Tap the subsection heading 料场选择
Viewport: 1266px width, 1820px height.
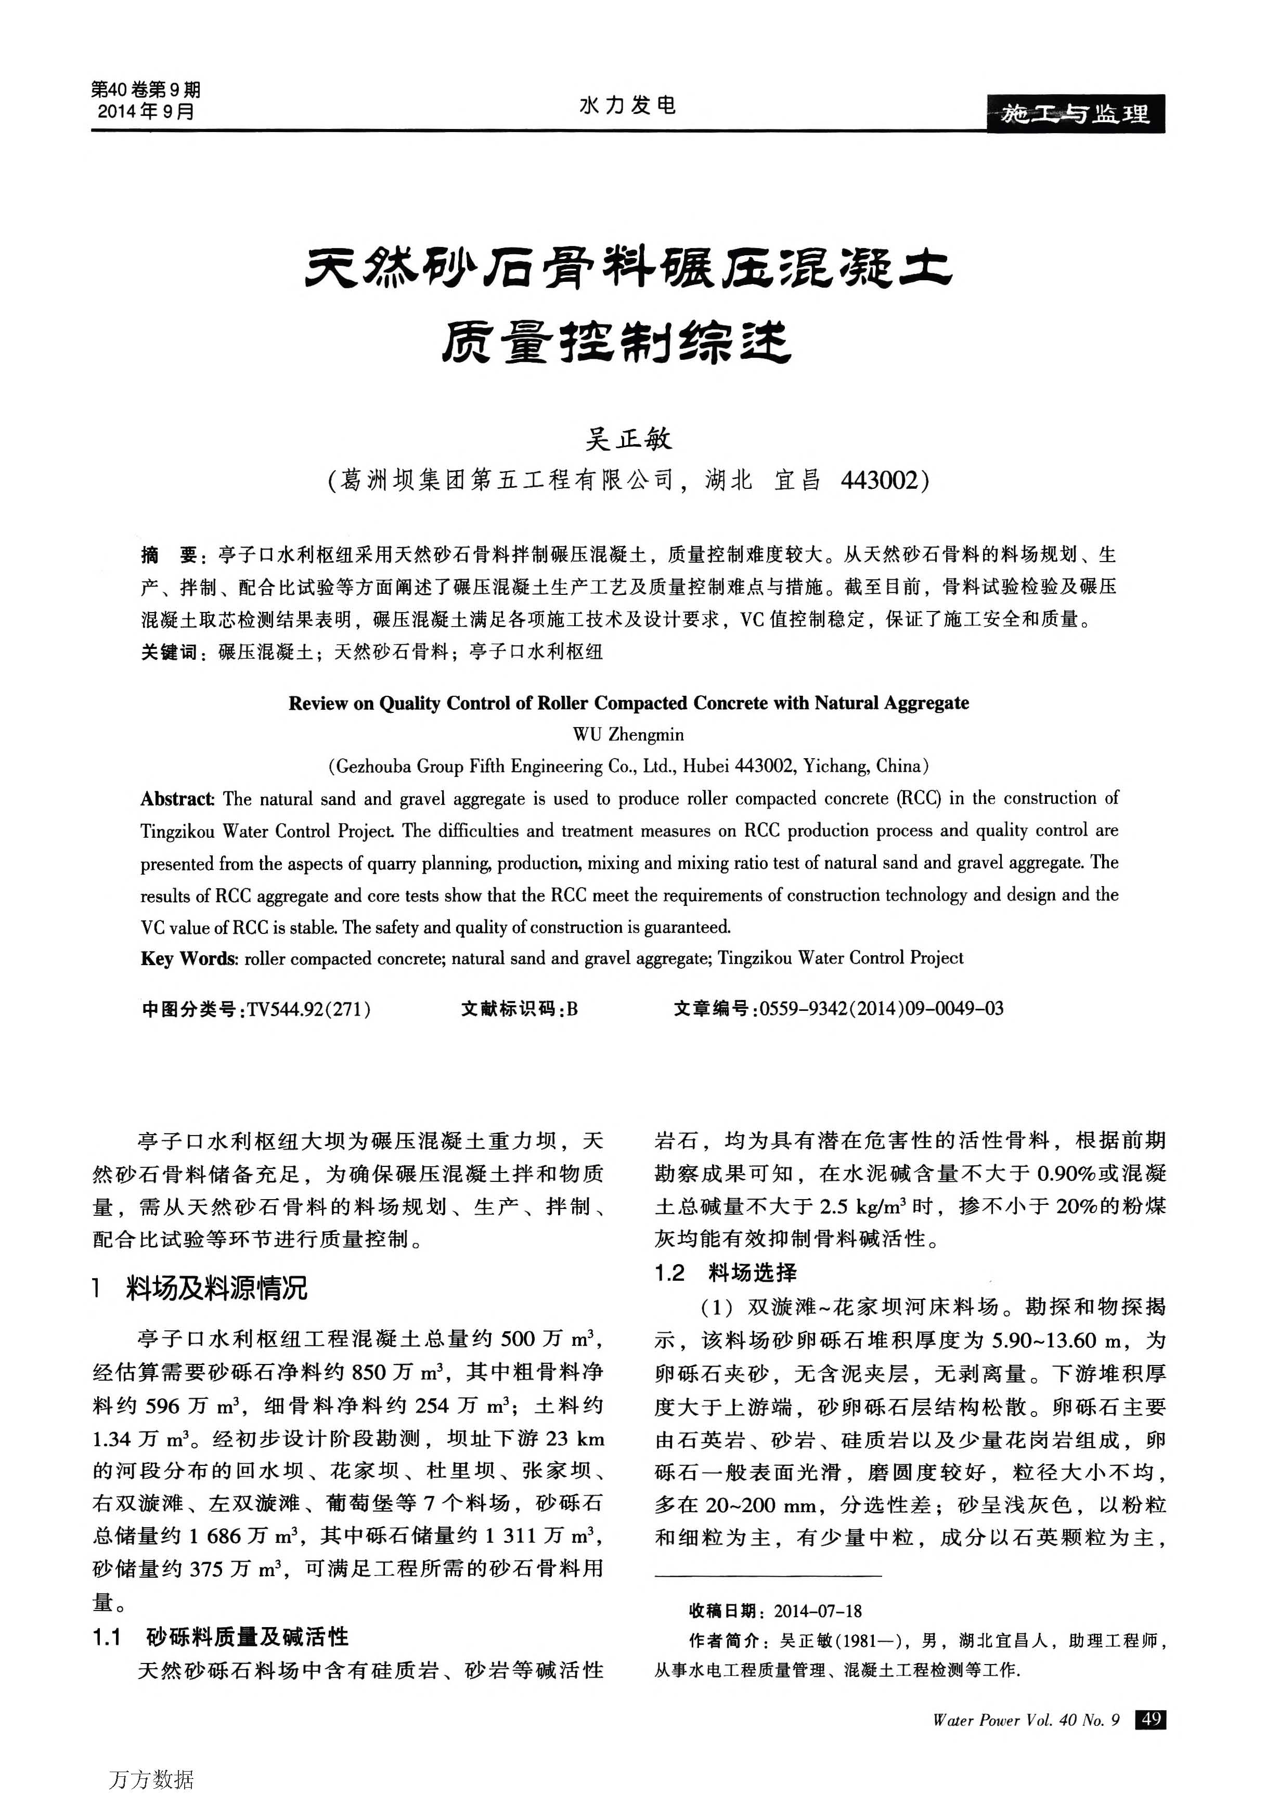[x=752, y=1273]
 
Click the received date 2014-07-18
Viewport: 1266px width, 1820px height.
[x=817, y=1611]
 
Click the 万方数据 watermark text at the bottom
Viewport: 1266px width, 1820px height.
[x=151, y=1780]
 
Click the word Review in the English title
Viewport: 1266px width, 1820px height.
[x=318, y=703]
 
